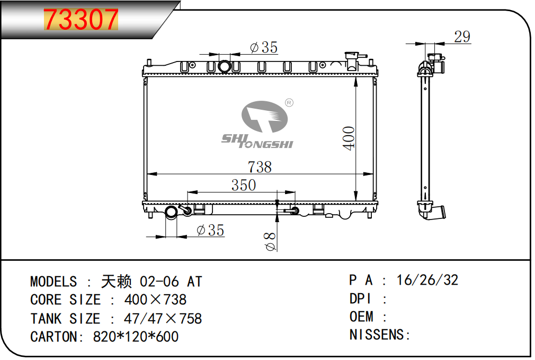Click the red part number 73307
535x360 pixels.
tap(81, 20)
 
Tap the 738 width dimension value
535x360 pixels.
tap(260, 167)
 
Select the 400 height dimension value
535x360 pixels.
tap(349, 138)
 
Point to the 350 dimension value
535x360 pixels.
tap(244, 185)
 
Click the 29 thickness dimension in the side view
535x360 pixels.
tap(462, 37)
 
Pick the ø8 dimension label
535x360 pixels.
tap(270, 241)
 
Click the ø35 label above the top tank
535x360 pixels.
tap(264, 47)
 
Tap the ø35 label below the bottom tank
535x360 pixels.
tap(210, 230)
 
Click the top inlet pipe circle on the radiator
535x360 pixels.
tap(224, 66)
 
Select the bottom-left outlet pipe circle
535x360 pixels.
tap(171, 212)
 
